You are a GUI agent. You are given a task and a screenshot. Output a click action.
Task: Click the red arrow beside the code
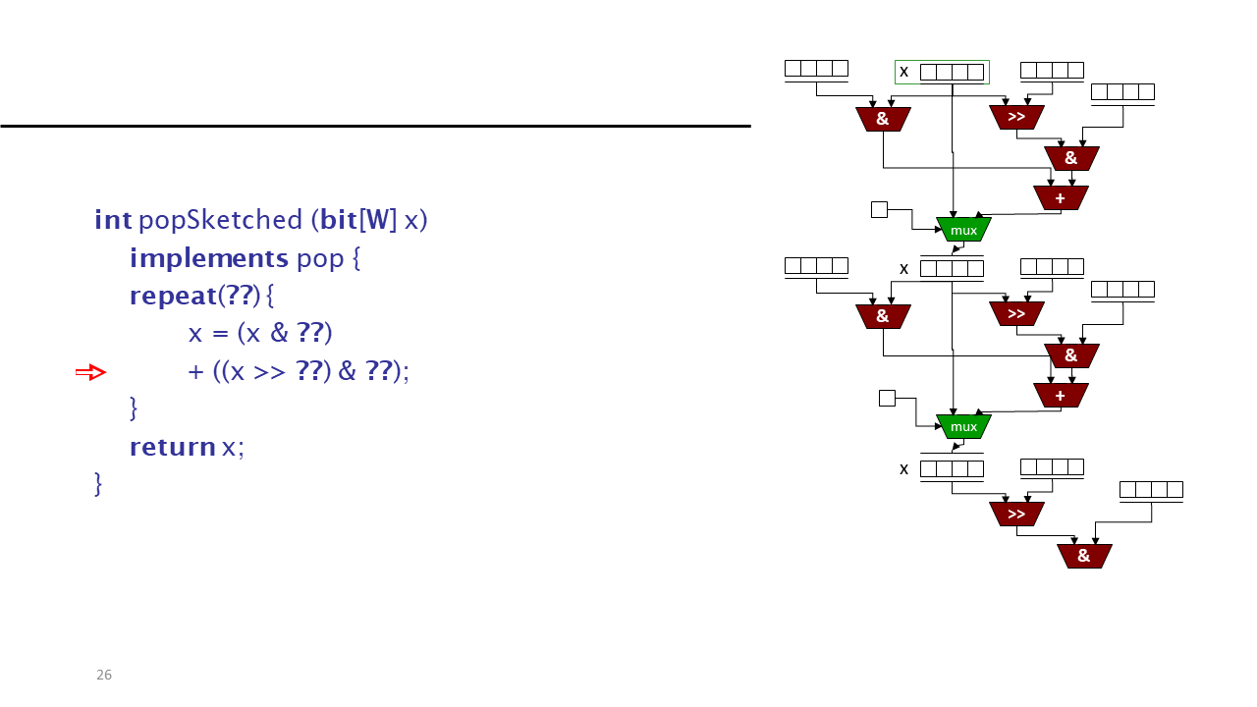pyautogui.click(x=91, y=372)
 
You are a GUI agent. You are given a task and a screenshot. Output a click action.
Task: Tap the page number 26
pyautogui.click(x=104, y=675)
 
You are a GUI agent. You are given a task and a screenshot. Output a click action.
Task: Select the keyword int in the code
pyautogui.click(x=113, y=219)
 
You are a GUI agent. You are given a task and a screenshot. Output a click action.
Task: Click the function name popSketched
pyautogui.click(x=221, y=220)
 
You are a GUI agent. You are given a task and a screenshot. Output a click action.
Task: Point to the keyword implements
pyautogui.click(x=209, y=258)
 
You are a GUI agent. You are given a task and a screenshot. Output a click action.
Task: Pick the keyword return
pyautogui.click(x=172, y=447)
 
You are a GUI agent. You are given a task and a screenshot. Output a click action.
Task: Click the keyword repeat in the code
pyautogui.click(x=173, y=297)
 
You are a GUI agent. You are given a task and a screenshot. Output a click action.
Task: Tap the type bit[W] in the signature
pyautogui.click(x=358, y=220)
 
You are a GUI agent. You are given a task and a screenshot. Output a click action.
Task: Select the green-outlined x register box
pyautogui.click(x=942, y=73)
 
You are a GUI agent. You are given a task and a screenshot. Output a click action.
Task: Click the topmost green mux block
pyautogui.click(x=963, y=230)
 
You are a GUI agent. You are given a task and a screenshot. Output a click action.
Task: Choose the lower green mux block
pyautogui.click(x=963, y=426)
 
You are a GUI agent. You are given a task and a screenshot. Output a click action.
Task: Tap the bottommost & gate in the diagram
pyautogui.click(x=1084, y=556)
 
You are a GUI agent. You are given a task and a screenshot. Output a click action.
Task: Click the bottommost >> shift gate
pyautogui.click(x=1016, y=514)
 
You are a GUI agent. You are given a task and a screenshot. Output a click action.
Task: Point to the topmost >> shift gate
pyautogui.click(x=1016, y=117)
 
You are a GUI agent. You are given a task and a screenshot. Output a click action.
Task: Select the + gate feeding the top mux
pyautogui.click(x=1061, y=198)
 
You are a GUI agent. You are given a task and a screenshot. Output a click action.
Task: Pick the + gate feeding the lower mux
pyautogui.click(x=1061, y=396)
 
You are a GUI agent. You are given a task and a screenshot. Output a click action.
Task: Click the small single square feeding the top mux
pyautogui.click(x=879, y=210)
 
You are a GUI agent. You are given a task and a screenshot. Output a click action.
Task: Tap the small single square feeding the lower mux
pyautogui.click(x=887, y=398)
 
